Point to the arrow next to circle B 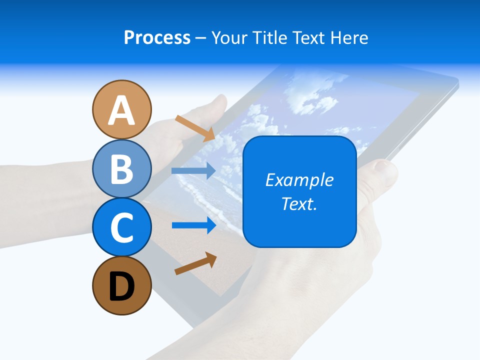(x=193, y=171)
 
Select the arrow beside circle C (x=193, y=225)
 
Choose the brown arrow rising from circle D (x=195, y=263)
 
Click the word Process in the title (x=157, y=37)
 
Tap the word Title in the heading (x=270, y=37)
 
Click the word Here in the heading (x=349, y=37)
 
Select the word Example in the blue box (x=299, y=180)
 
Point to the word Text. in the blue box (x=299, y=203)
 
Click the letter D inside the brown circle (x=121, y=287)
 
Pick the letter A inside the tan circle (x=121, y=110)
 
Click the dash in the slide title (x=200, y=38)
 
